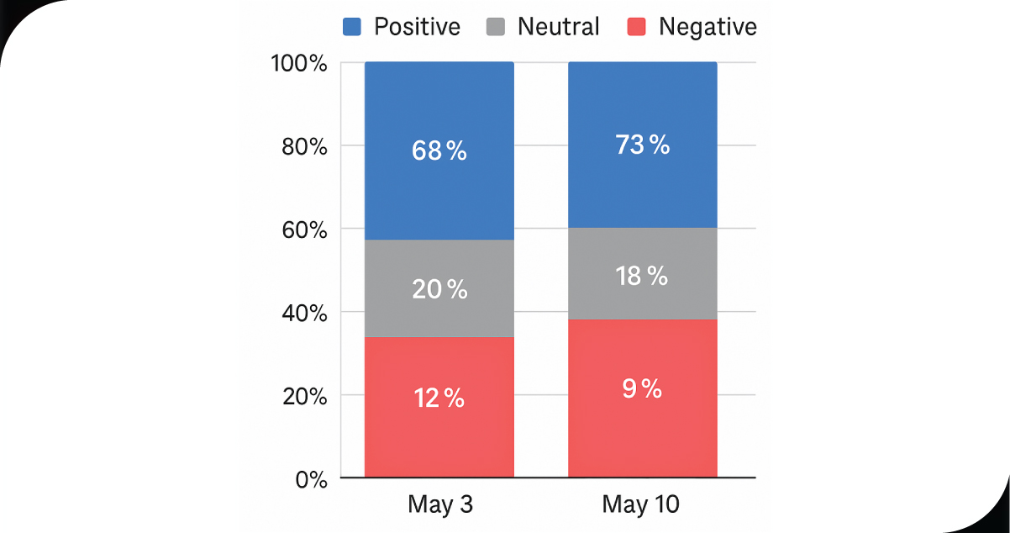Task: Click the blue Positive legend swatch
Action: (351, 27)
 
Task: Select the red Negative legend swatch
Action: (636, 27)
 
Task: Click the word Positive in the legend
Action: (417, 27)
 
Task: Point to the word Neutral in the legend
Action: (559, 27)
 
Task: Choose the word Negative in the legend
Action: (708, 27)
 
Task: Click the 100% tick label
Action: (298, 63)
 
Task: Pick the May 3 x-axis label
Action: (440, 505)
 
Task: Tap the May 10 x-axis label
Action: (641, 505)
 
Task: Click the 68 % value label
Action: (439, 151)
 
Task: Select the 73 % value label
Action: (642, 145)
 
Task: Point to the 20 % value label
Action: (439, 290)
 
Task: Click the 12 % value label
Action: (439, 398)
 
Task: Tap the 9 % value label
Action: (642, 389)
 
